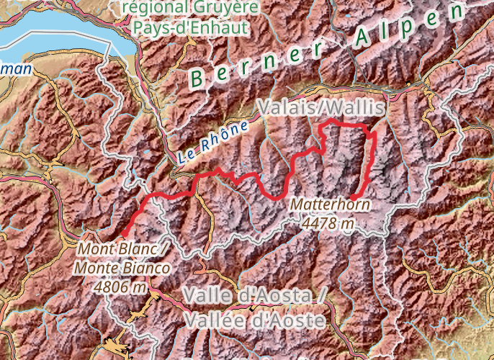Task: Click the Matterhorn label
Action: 331,205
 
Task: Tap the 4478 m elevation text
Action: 328,223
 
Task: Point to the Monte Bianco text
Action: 122,268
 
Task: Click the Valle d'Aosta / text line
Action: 256,296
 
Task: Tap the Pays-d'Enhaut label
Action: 191,28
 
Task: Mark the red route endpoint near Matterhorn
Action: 354,197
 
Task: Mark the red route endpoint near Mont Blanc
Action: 124,233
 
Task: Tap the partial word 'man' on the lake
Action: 16,69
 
